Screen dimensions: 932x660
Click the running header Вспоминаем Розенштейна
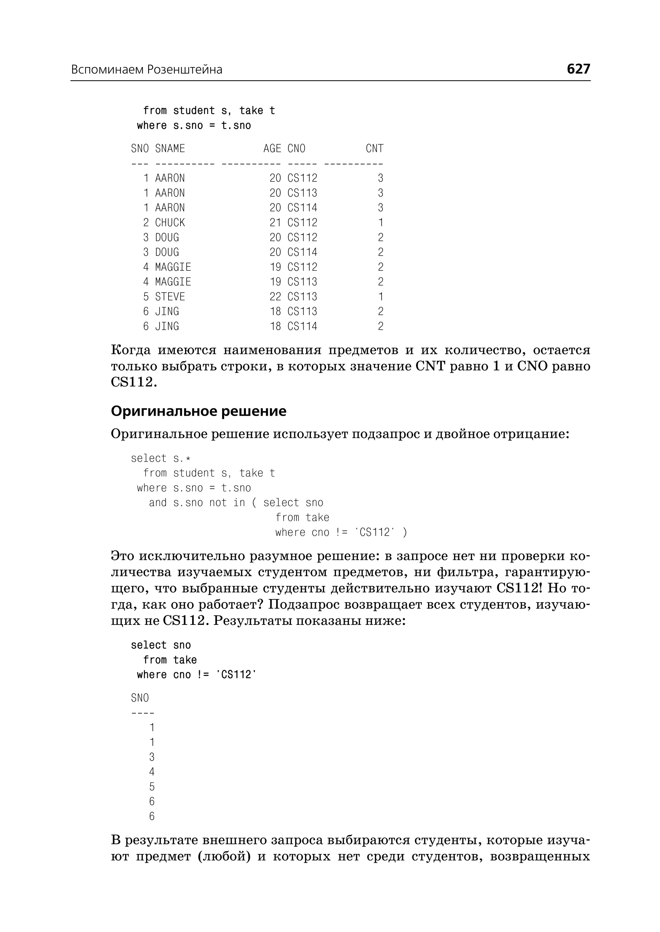[x=147, y=70]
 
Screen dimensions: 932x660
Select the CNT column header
[x=374, y=149]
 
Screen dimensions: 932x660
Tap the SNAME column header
[x=170, y=149]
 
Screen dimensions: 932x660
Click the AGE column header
[x=272, y=149]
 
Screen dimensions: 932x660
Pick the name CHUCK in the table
[x=170, y=223]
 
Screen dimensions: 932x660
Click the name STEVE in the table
[x=170, y=297]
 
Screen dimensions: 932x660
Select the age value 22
[x=275, y=297]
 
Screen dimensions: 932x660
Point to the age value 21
[x=275, y=223]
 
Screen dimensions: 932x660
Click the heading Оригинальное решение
[x=198, y=411]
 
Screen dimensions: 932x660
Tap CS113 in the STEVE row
[x=302, y=297]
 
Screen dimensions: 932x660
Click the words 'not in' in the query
[x=227, y=503]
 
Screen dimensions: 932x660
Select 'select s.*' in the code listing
[x=160, y=459]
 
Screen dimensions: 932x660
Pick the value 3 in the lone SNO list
[x=151, y=757]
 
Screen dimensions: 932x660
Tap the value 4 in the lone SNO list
[x=151, y=772]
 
